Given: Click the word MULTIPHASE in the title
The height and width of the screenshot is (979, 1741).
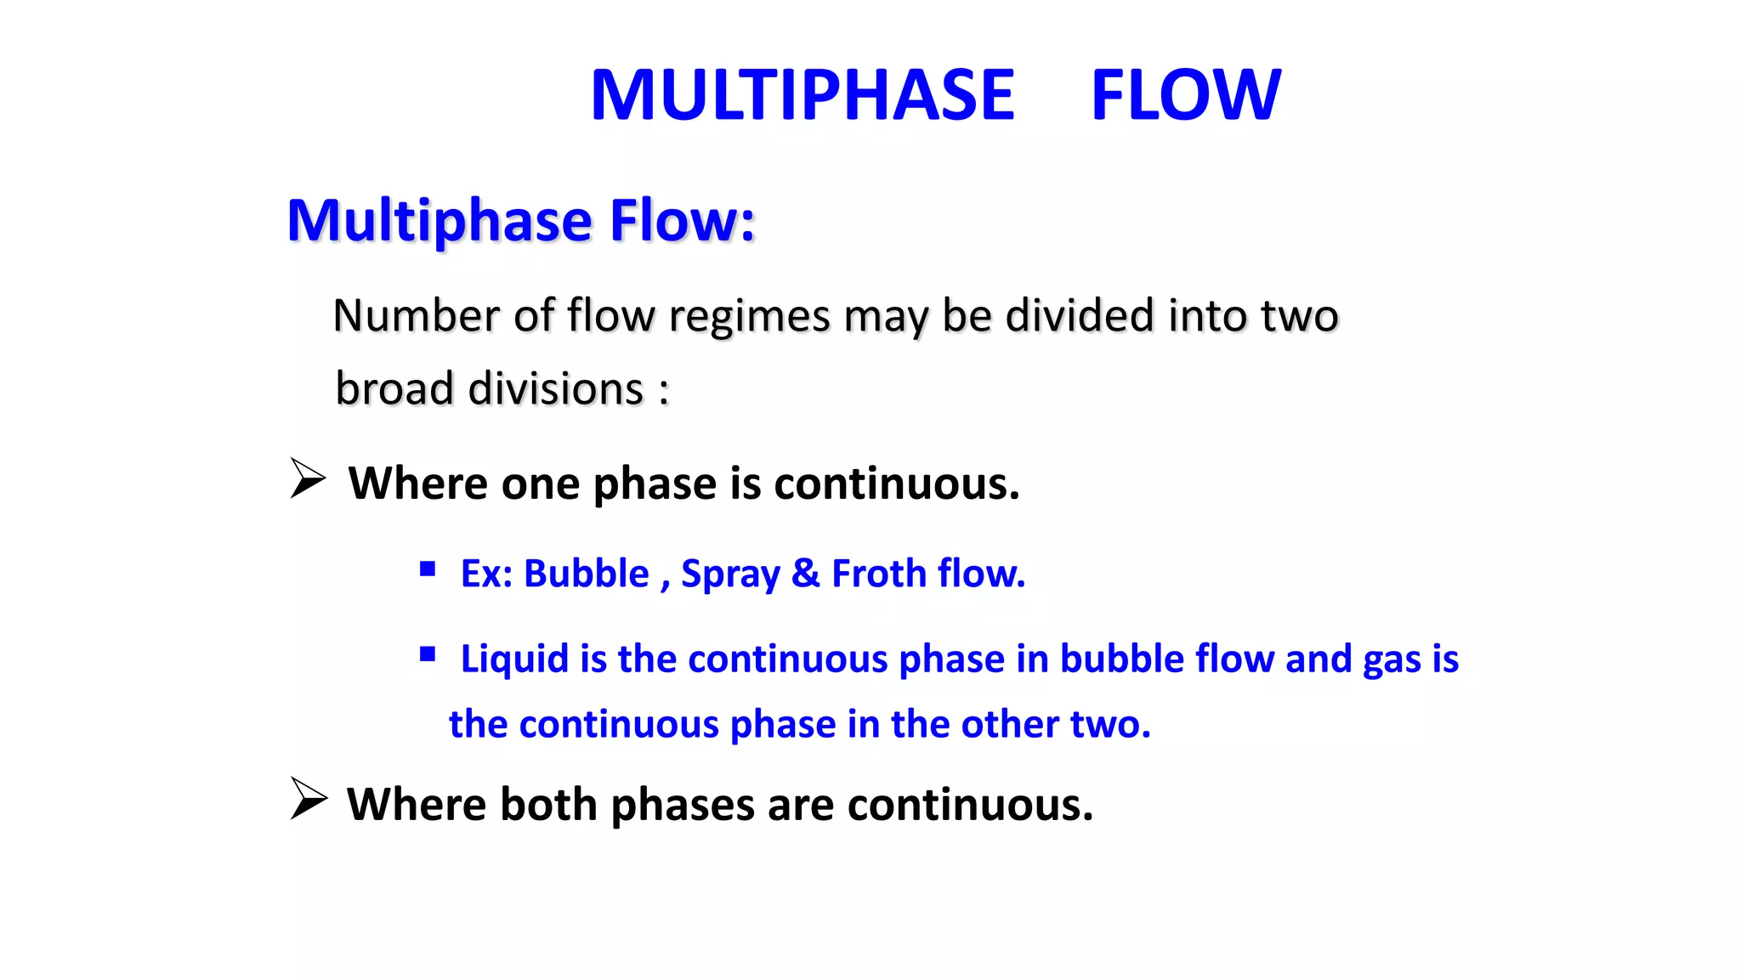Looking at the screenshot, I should point(802,95).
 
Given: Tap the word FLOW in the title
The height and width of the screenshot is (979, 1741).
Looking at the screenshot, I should point(1185,95).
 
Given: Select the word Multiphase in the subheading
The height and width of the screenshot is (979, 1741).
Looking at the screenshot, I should point(439,221).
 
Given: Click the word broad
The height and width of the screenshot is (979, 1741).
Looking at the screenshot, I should point(394,389).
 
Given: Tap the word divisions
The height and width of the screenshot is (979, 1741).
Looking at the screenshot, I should point(556,389).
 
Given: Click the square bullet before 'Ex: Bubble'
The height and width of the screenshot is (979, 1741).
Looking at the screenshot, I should point(428,569).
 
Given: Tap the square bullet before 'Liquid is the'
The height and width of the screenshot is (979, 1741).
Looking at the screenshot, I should point(428,654).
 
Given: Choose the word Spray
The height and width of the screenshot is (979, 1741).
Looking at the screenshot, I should point(730,574).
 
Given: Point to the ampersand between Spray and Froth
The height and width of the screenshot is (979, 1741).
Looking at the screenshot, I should point(805,574).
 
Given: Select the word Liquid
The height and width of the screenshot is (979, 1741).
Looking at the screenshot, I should point(514,659).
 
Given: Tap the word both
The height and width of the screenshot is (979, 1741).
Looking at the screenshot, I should point(548,804).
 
